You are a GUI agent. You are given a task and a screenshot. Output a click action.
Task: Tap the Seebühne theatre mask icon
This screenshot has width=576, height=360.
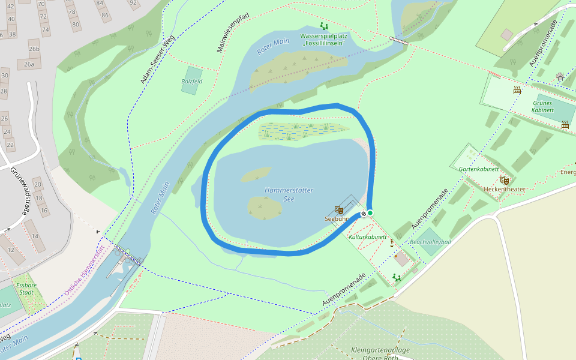click(338, 209)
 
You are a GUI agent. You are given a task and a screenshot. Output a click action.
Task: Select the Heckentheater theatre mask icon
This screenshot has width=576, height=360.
click(505, 180)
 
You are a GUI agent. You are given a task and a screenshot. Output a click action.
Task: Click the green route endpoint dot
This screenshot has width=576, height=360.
click(370, 213)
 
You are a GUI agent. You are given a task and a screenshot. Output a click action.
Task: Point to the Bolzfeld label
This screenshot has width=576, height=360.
click(191, 81)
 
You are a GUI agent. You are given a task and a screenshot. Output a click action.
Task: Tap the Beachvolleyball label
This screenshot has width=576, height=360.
click(430, 242)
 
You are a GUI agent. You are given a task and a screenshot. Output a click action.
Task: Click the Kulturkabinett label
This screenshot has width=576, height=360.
click(368, 237)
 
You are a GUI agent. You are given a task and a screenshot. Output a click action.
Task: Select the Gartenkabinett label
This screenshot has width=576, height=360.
click(479, 169)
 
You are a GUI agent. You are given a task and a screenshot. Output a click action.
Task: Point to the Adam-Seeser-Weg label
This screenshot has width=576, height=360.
click(157, 59)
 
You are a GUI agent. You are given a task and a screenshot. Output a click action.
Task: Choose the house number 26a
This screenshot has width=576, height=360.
click(29, 64)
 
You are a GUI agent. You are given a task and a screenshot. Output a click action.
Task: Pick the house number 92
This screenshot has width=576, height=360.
click(133, 2)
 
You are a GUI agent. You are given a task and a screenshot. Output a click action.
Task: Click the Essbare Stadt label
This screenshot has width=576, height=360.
click(26, 289)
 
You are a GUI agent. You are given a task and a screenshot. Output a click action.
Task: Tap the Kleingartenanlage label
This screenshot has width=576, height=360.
click(380, 350)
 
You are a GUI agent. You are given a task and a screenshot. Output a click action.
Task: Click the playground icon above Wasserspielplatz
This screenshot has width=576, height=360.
click(324, 26)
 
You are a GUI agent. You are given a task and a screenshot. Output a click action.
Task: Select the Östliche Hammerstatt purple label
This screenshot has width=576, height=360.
click(84, 271)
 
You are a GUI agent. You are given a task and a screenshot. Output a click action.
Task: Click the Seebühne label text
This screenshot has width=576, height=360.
click(336, 219)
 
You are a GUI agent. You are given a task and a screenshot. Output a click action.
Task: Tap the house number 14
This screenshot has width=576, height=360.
click(34, 236)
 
